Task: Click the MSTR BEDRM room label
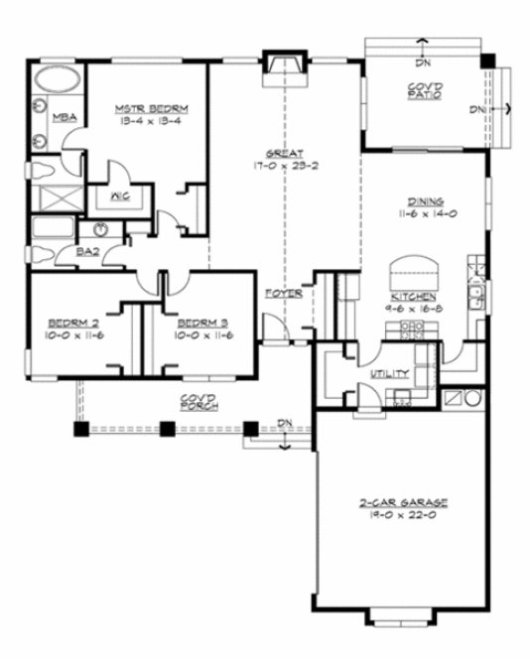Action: [145, 107]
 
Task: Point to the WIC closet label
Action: [116, 195]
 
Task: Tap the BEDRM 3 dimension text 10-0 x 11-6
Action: [204, 335]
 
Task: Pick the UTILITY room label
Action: [384, 374]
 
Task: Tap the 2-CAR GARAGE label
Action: [401, 503]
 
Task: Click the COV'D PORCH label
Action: [199, 402]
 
